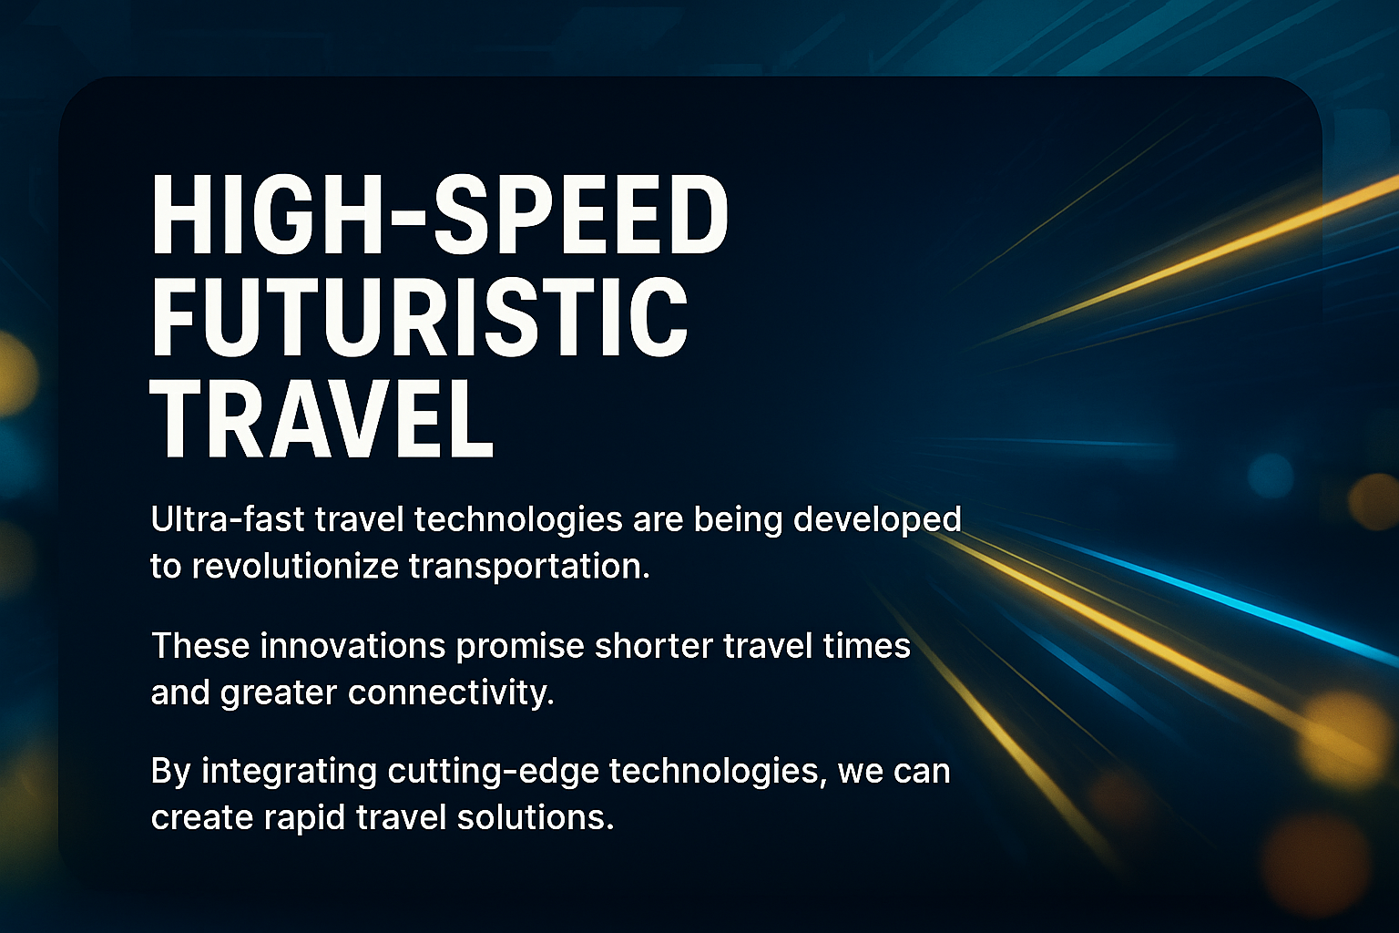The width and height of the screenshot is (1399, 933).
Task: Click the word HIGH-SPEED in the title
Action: [x=440, y=215]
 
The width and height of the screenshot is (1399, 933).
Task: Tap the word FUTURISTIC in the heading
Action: [x=419, y=317]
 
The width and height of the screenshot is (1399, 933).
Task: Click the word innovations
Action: [x=352, y=646]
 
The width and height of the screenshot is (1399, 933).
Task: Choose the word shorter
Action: [x=653, y=646]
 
